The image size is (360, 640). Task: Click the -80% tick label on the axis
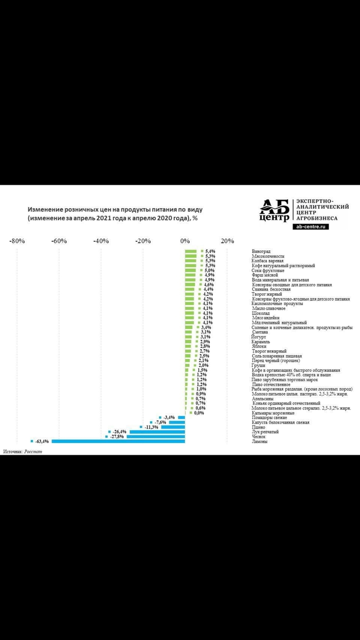coord(16,241)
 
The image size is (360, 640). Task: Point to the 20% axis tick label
coord(228,241)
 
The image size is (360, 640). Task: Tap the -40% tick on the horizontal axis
coord(101,241)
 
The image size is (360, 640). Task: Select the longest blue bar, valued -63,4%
coord(118,441)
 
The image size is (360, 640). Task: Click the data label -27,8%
coord(117,436)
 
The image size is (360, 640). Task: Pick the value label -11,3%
coord(151,427)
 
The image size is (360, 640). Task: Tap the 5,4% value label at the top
coord(209,251)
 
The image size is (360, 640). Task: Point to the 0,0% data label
coord(199,413)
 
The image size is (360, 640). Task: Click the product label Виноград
coord(261,251)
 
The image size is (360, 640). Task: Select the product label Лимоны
coord(260,441)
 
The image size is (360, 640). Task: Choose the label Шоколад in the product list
coord(261,313)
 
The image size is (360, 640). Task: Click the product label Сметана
coord(261,332)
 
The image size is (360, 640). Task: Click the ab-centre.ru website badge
coord(310,226)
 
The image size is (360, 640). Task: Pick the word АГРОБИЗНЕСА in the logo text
coord(317,218)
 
